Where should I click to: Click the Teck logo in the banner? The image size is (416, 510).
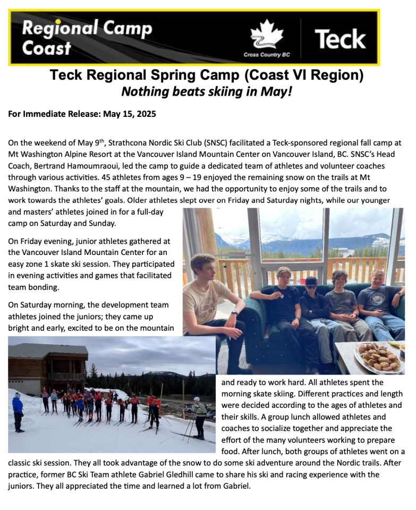coord(340,39)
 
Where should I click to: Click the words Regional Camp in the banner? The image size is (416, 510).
coord(87,28)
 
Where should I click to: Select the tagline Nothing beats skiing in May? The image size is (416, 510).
coord(207,91)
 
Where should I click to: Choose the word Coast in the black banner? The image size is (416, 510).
coord(47,49)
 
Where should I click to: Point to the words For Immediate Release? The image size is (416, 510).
coord(49,114)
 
